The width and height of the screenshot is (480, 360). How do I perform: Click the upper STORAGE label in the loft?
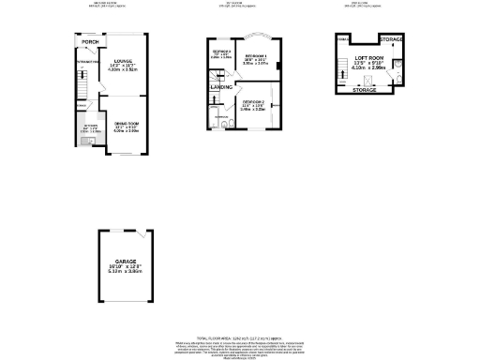392,40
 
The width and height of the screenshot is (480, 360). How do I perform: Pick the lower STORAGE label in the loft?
365,91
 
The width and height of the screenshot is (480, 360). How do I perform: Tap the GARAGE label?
126,262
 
